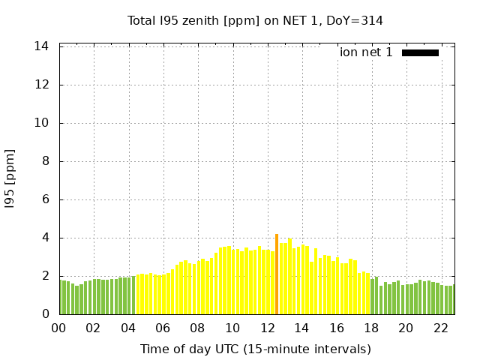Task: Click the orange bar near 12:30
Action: click(277, 274)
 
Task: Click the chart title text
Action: click(255, 21)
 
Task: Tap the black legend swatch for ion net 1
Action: click(420, 52)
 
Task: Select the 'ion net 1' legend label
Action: click(366, 52)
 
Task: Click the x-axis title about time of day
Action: click(255, 349)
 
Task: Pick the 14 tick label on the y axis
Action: click(42, 46)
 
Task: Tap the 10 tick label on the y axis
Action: click(42, 123)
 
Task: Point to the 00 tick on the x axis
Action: click(58, 328)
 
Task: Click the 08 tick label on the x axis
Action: click(197, 328)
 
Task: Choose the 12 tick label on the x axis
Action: click(267, 328)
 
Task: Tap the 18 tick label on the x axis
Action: click(371, 328)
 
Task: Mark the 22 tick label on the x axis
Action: click(440, 328)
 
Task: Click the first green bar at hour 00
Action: click(61, 298)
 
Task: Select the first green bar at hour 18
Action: click(372, 296)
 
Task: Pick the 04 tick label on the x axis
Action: click(128, 328)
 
